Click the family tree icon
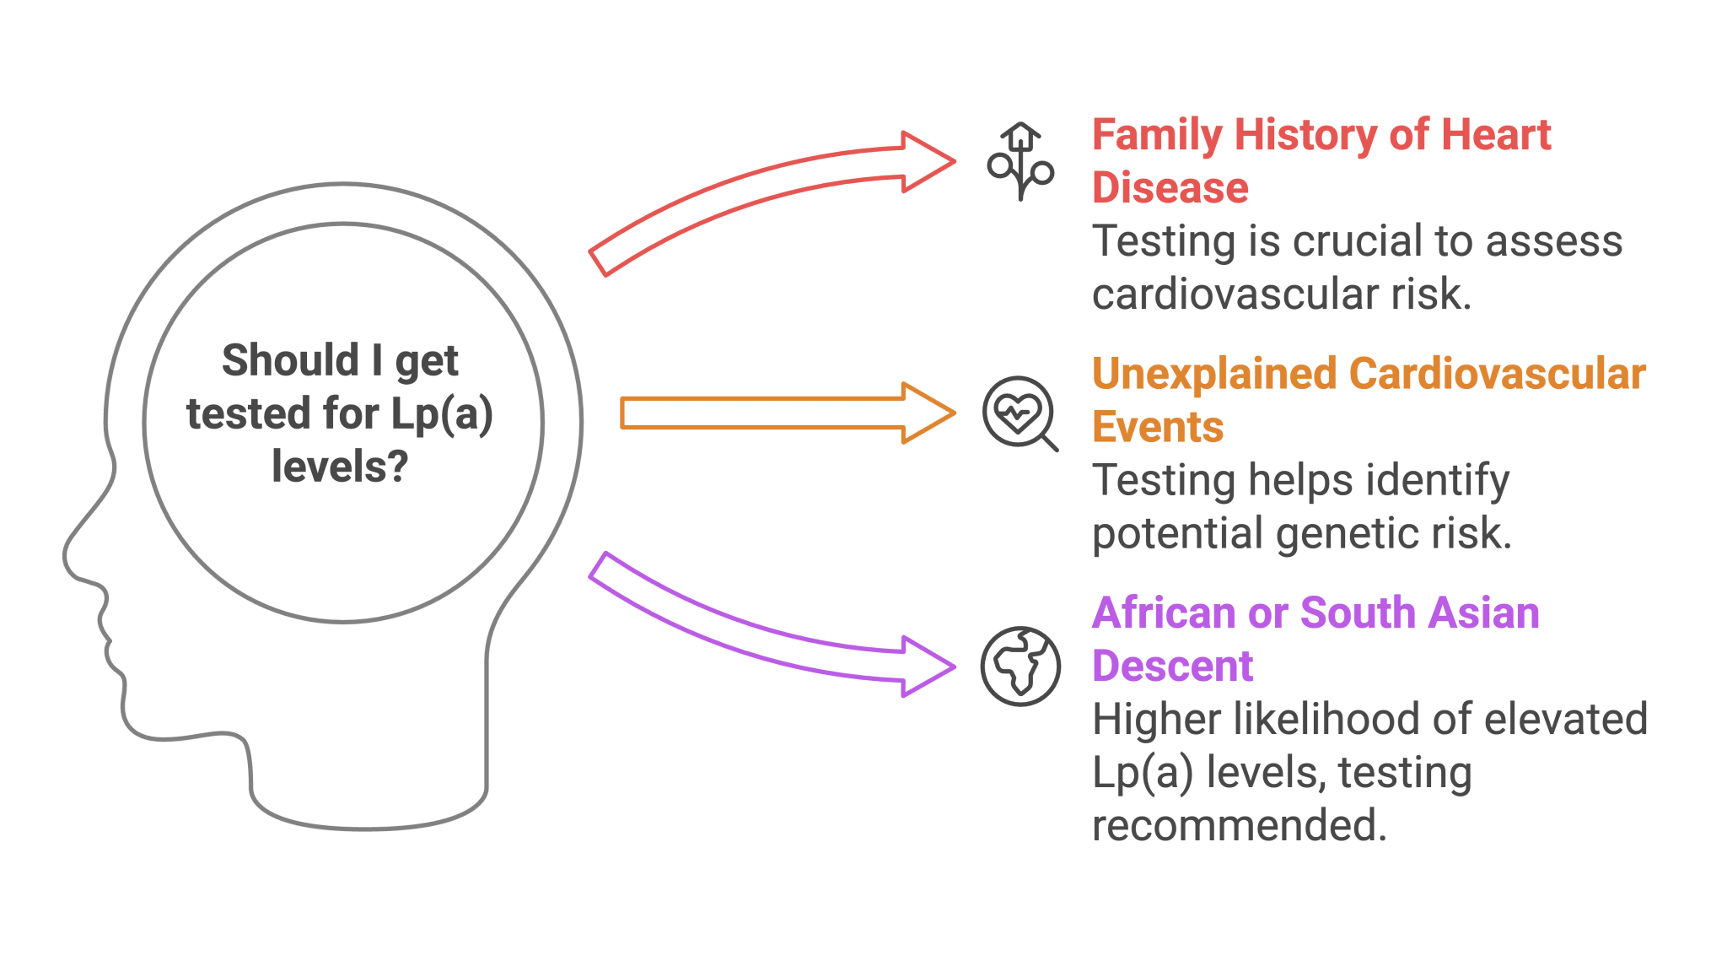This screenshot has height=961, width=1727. (x=1020, y=163)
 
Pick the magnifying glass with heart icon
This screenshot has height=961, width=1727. (x=1019, y=413)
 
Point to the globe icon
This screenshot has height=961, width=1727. (x=1020, y=667)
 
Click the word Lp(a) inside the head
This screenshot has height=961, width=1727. (x=442, y=414)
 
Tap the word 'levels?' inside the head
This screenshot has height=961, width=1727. (x=340, y=467)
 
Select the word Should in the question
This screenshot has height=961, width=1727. (x=291, y=360)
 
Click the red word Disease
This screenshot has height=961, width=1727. (x=1170, y=188)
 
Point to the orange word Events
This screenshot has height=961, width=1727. (x=1158, y=427)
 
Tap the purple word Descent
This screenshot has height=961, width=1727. (x=1172, y=667)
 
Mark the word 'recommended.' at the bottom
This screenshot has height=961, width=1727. (x=1239, y=825)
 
